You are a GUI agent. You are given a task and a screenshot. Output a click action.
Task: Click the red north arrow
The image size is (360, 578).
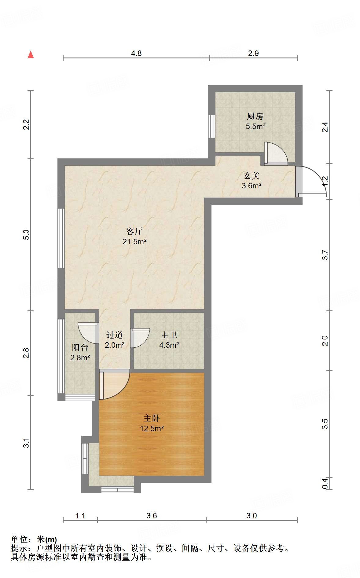pyautogui.click(x=31, y=54)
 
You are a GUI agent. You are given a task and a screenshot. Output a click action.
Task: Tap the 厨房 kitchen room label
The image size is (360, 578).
pyautogui.click(x=255, y=116)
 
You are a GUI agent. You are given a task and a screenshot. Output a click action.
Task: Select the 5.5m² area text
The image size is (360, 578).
pyautogui.click(x=255, y=126)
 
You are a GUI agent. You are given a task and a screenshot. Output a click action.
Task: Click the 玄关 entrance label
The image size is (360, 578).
pyautogui.click(x=252, y=176)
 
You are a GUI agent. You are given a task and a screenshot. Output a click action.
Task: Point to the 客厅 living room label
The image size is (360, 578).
pyautogui.click(x=134, y=231)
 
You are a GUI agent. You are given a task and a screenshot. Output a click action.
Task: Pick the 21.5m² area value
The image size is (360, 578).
pyautogui.click(x=134, y=242)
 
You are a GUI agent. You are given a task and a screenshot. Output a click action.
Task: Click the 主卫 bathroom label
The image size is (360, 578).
pyautogui.click(x=169, y=335)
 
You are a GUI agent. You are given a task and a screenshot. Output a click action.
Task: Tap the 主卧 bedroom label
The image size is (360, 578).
pyautogui.click(x=152, y=418)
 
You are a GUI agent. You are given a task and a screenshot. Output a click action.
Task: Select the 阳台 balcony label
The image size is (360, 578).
pyautogui.click(x=80, y=347)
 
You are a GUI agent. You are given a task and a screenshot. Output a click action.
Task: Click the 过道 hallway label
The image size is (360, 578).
pyautogui.click(x=115, y=335)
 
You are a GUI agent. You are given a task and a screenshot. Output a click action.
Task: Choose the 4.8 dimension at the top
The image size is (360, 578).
pyautogui.click(x=136, y=53)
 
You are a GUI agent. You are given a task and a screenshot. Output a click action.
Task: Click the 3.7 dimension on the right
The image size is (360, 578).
pyautogui.click(x=325, y=255)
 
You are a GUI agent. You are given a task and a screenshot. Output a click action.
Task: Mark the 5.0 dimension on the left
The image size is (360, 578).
pyautogui.click(x=26, y=235)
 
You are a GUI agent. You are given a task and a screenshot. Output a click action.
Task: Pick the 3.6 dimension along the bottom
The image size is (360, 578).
pyautogui.click(x=152, y=516)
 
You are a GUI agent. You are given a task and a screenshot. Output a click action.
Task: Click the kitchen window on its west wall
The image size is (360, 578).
pyautogui.click(x=212, y=126)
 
